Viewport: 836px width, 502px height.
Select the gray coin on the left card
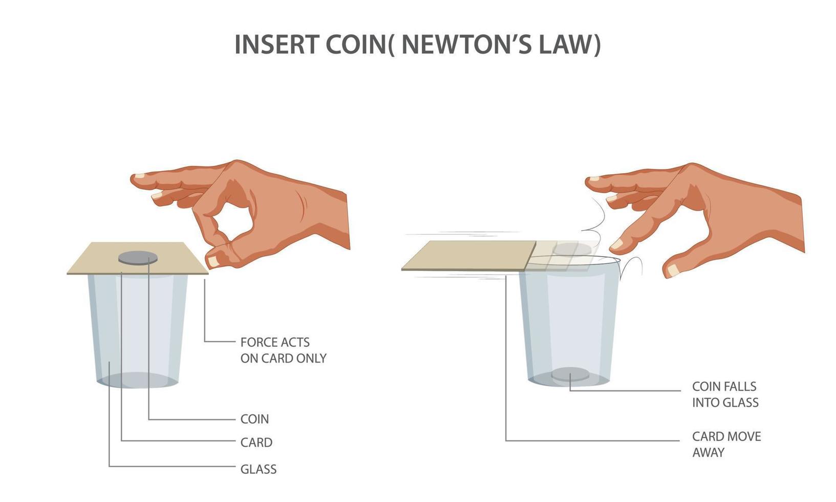pyautogui.click(x=138, y=258)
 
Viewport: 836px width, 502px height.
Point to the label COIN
pyautogui.click(x=254, y=419)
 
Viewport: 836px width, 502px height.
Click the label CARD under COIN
pyautogui.click(x=256, y=442)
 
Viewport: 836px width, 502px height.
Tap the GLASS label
pyautogui.click(x=258, y=469)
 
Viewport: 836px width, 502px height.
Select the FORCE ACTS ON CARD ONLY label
pyautogui.click(x=283, y=350)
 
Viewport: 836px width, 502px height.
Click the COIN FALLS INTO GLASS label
pyautogui.click(x=725, y=394)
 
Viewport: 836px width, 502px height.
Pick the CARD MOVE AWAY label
pyautogui.click(x=726, y=444)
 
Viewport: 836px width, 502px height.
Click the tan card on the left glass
pyautogui.click(x=137, y=258)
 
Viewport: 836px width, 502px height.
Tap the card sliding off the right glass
pyautogui.click(x=469, y=256)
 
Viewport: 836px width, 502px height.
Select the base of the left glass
pyautogui.click(x=137, y=380)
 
